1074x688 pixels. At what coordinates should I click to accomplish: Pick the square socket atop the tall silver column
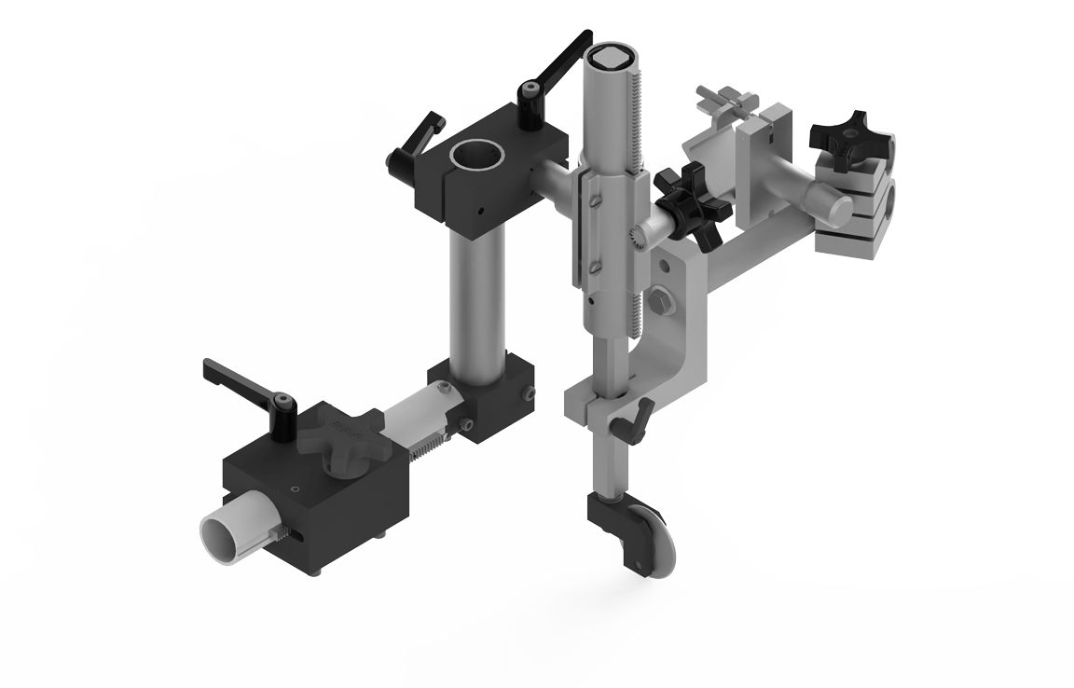tap(612, 58)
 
